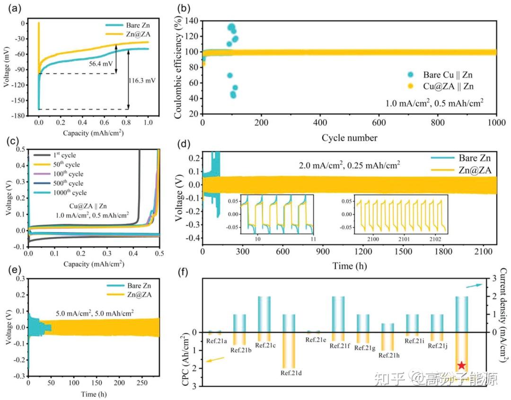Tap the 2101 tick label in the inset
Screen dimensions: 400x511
(x=400, y=238)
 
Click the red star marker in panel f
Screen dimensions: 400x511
(x=461, y=365)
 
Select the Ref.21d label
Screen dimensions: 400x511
(x=291, y=373)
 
